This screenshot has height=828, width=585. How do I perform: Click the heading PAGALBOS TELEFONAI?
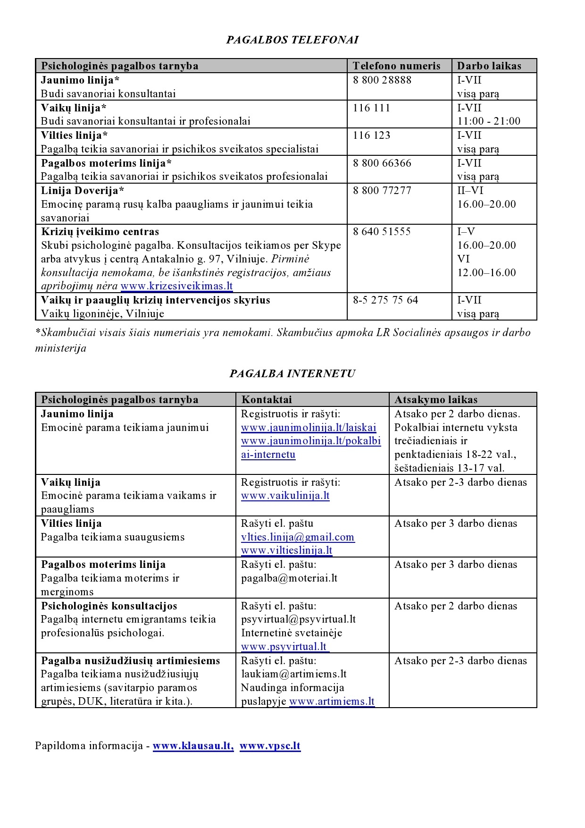pyautogui.click(x=292, y=40)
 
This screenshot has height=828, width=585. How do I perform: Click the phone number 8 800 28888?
pyautogui.click(x=382, y=80)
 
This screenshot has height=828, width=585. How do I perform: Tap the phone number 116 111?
pyautogui.click(x=371, y=108)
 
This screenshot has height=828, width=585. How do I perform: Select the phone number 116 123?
pyautogui.click(x=371, y=135)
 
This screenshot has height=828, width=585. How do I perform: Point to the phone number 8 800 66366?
pyautogui.click(x=382, y=163)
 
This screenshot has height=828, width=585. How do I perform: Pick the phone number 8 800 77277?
pyautogui.click(x=382, y=190)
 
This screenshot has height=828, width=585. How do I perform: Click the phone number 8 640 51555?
pyautogui.click(x=382, y=231)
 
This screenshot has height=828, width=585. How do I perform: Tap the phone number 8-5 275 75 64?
pyautogui.click(x=385, y=300)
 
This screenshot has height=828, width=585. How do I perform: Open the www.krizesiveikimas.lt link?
pyautogui.click(x=176, y=286)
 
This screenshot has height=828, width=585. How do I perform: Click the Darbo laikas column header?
pyautogui.click(x=489, y=66)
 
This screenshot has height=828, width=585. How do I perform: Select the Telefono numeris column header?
pyautogui.click(x=396, y=66)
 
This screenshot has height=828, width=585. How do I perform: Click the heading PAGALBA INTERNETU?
pyautogui.click(x=292, y=373)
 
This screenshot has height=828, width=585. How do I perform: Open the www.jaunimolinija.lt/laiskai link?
pyautogui.click(x=309, y=428)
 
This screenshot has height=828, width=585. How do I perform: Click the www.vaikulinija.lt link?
pyautogui.click(x=285, y=496)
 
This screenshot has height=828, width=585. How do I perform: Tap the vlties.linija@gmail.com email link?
pyautogui.click(x=298, y=537)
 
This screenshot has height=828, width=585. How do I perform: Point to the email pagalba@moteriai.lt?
pyautogui.click(x=289, y=578)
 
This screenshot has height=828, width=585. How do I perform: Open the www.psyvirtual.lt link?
pyautogui.click(x=284, y=647)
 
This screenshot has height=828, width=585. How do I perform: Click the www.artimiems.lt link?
pyautogui.click(x=332, y=701)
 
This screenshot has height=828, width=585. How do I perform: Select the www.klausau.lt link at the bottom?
pyautogui.click(x=193, y=746)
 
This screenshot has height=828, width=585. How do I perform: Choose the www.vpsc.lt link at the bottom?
pyautogui.click(x=270, y=746)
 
